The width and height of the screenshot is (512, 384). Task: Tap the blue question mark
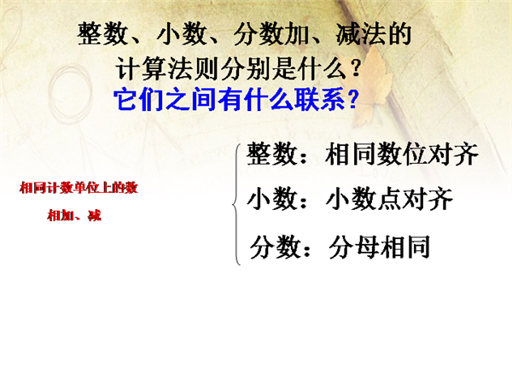[352, 99]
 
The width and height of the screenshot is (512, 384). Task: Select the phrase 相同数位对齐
[401, 154]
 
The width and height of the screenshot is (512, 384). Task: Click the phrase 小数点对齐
[389, 199]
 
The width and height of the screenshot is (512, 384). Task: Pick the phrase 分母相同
[379, 247]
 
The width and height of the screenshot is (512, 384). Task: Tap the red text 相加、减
[74, 216]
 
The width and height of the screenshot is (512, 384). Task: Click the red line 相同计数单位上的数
[79, 188]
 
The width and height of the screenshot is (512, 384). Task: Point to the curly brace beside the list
[236, 204]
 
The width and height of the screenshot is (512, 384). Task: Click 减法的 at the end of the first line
[373, 34]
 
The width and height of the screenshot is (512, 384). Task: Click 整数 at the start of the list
[271, 154]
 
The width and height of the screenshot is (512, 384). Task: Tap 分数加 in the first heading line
[272, 34]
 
